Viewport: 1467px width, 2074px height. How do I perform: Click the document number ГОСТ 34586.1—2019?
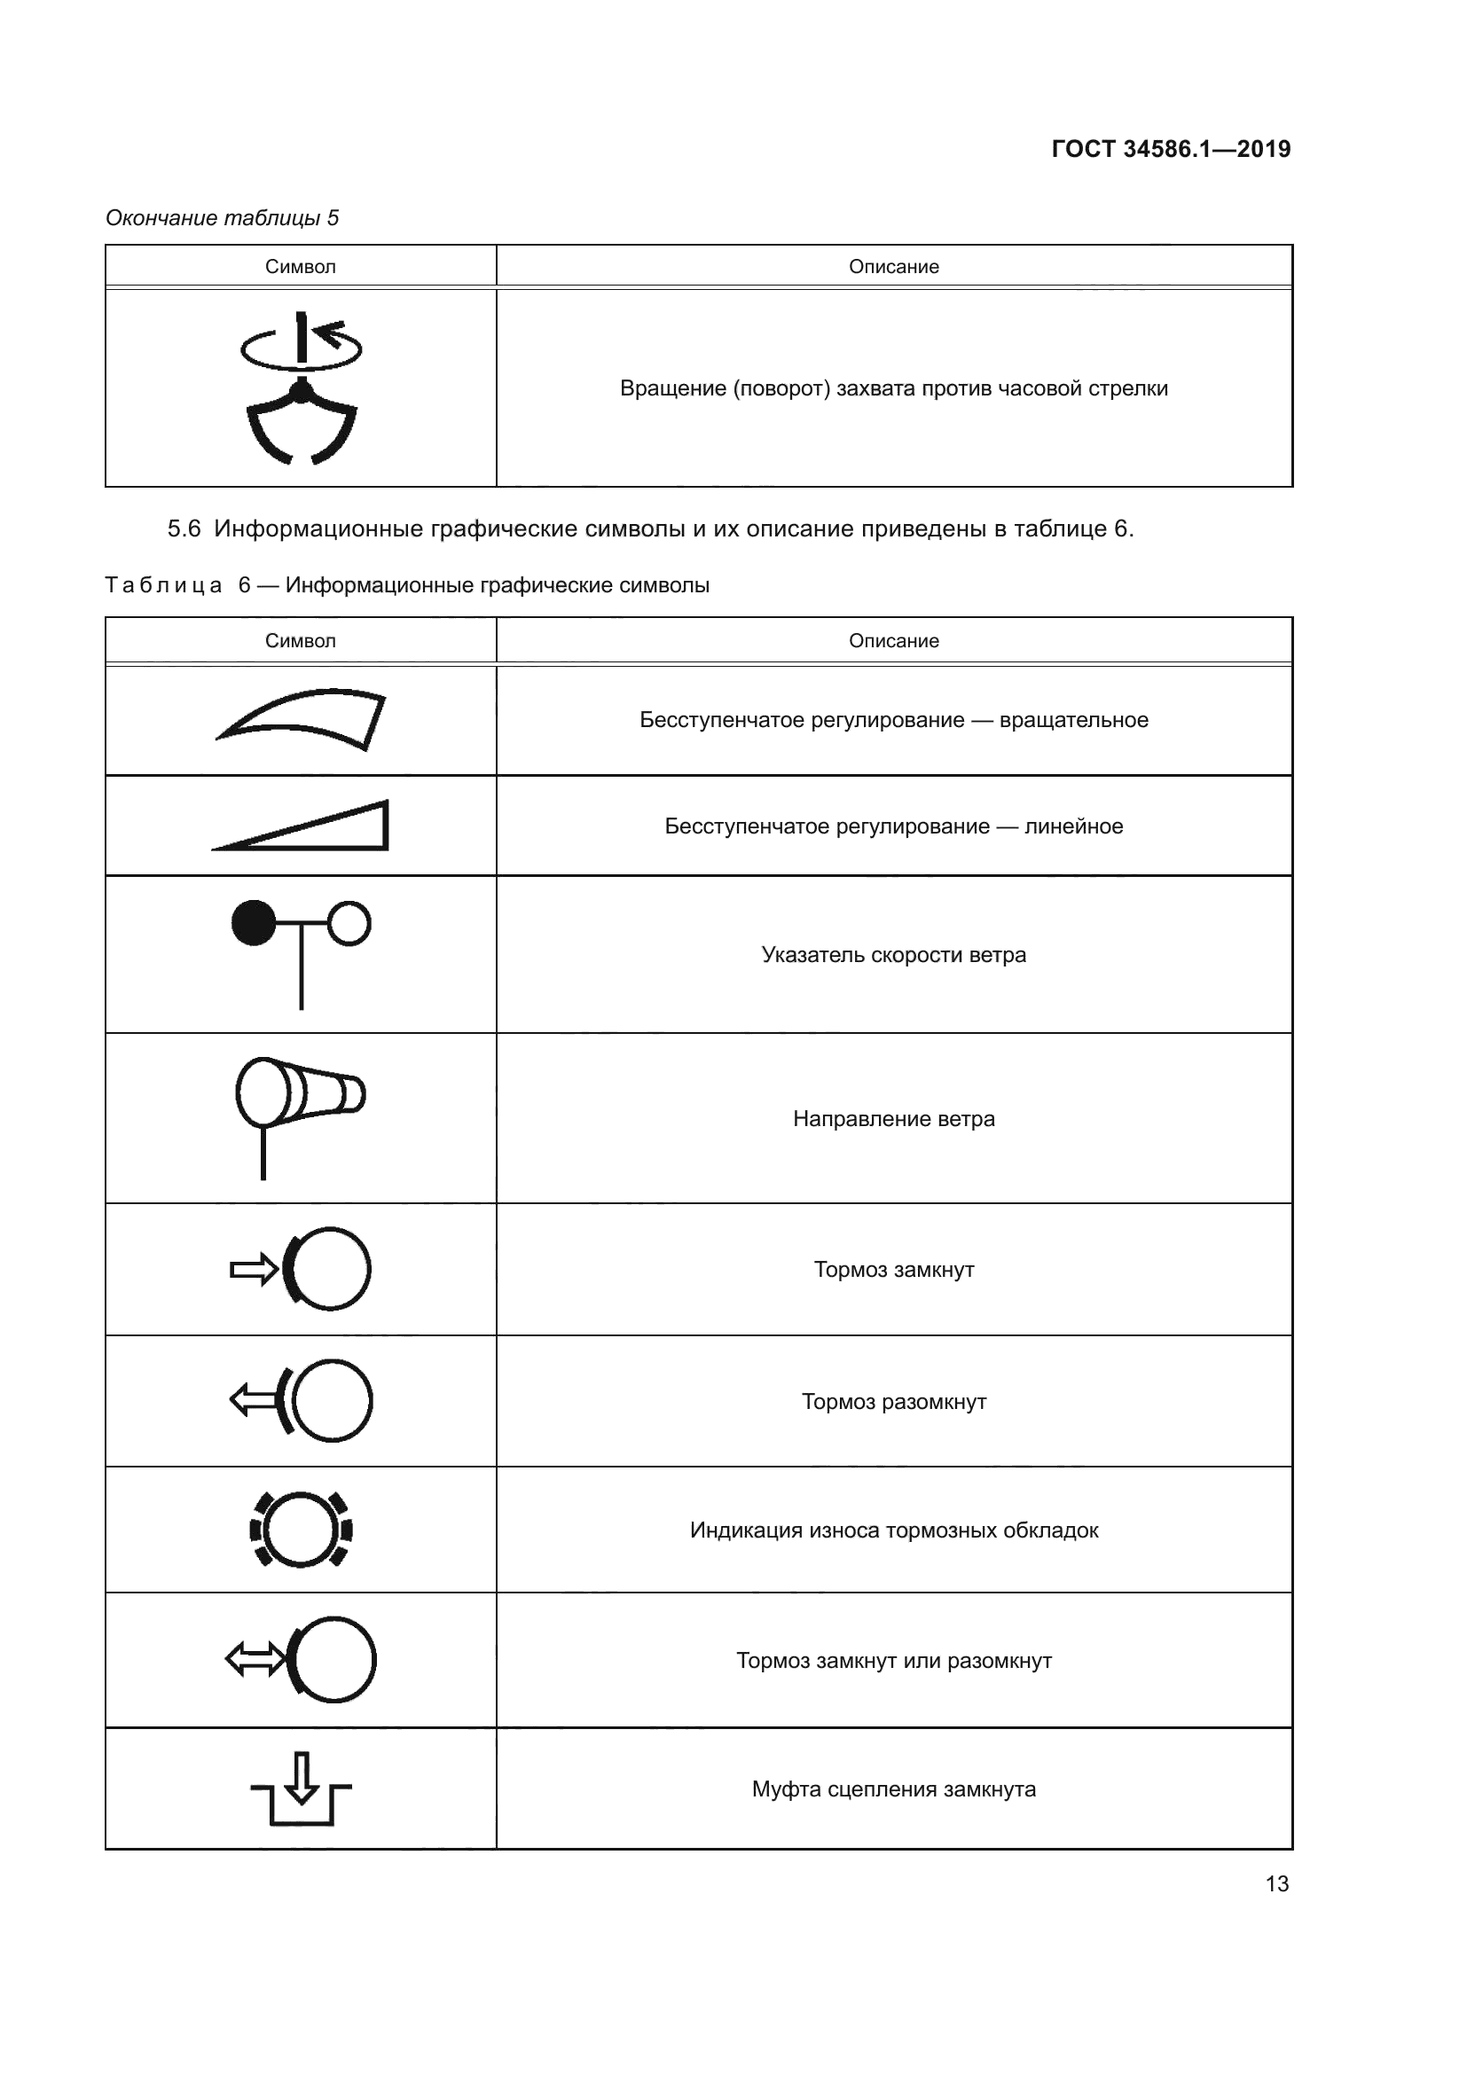1171,149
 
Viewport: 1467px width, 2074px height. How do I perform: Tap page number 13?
1276,1883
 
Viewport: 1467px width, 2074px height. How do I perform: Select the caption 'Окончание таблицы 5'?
223,218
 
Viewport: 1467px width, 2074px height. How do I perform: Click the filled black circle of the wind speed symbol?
254,922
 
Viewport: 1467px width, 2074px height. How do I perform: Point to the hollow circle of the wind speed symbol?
349,923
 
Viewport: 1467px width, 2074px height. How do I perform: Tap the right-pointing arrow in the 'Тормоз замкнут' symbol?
254,1270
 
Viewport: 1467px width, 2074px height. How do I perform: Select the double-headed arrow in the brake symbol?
255,1659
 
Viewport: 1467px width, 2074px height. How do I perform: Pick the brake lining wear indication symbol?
301,1530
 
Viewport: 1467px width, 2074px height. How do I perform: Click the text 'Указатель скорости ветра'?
893,955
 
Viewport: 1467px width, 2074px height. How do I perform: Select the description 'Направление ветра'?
893,1118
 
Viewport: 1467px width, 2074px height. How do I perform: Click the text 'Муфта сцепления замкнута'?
893,1789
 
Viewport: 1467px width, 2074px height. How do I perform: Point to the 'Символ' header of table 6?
300,640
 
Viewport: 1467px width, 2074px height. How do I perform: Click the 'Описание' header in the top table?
893,267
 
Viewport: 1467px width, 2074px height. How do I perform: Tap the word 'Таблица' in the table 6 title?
163,585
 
